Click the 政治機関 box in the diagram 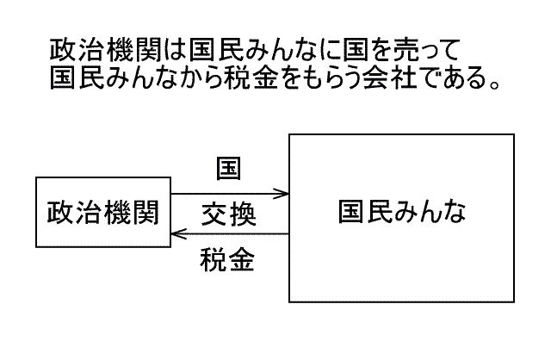click(102, 213)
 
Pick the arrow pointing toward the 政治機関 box click(229, 233)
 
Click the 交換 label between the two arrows click(228, 214)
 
